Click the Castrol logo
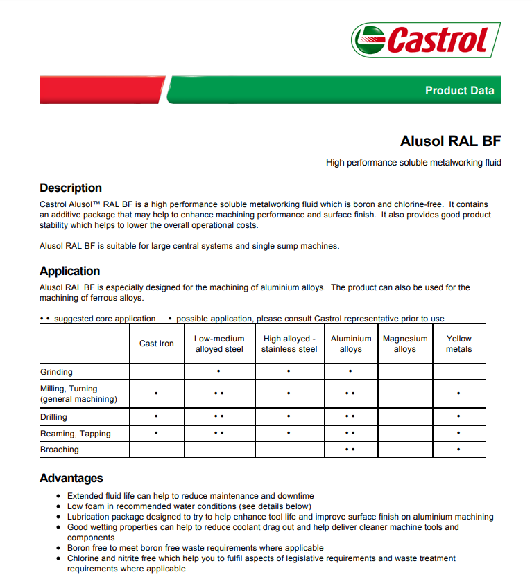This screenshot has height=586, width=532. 425,39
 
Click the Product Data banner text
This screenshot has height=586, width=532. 459,90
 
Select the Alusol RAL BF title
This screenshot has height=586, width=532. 450,141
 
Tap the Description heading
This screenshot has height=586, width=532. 71,188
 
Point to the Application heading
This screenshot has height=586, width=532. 70,271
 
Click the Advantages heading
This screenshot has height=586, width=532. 71,478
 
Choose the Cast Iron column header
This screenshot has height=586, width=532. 157,344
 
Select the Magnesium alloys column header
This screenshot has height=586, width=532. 405,344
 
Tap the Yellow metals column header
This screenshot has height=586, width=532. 459,344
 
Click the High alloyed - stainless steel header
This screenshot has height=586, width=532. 289,344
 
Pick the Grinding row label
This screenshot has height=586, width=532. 57,372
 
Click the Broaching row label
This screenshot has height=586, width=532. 60,450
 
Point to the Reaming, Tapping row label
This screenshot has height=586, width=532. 76,434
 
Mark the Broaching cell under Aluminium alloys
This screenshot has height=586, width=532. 350,450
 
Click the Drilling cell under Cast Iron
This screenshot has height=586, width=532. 157,417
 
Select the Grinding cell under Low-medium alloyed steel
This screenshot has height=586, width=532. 219,372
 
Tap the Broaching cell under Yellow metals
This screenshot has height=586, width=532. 459,450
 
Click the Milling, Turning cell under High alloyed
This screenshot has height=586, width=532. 289,393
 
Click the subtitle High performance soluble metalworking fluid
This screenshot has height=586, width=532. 413,163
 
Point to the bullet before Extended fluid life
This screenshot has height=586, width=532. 58,496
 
